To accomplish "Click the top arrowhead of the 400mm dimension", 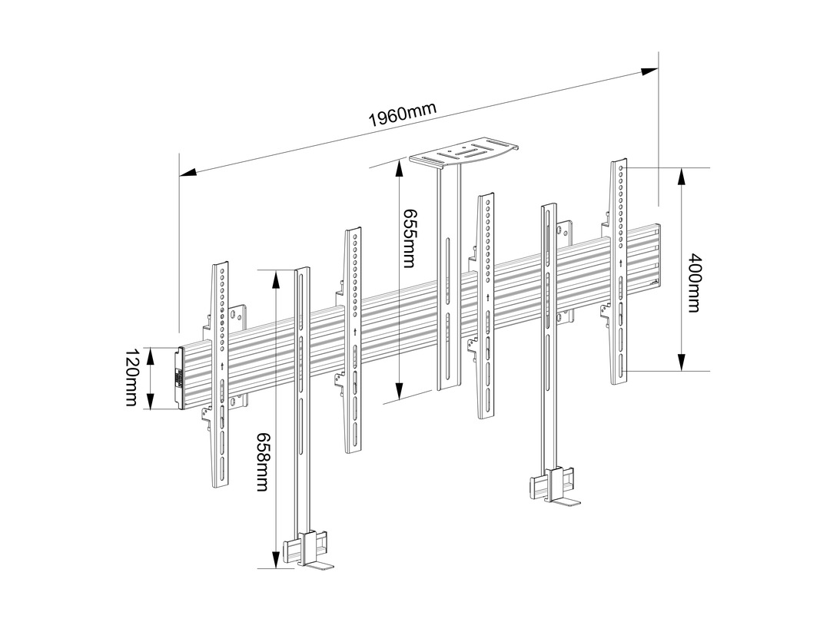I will tap(682, 175).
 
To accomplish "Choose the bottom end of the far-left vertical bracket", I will tap(221, 485).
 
